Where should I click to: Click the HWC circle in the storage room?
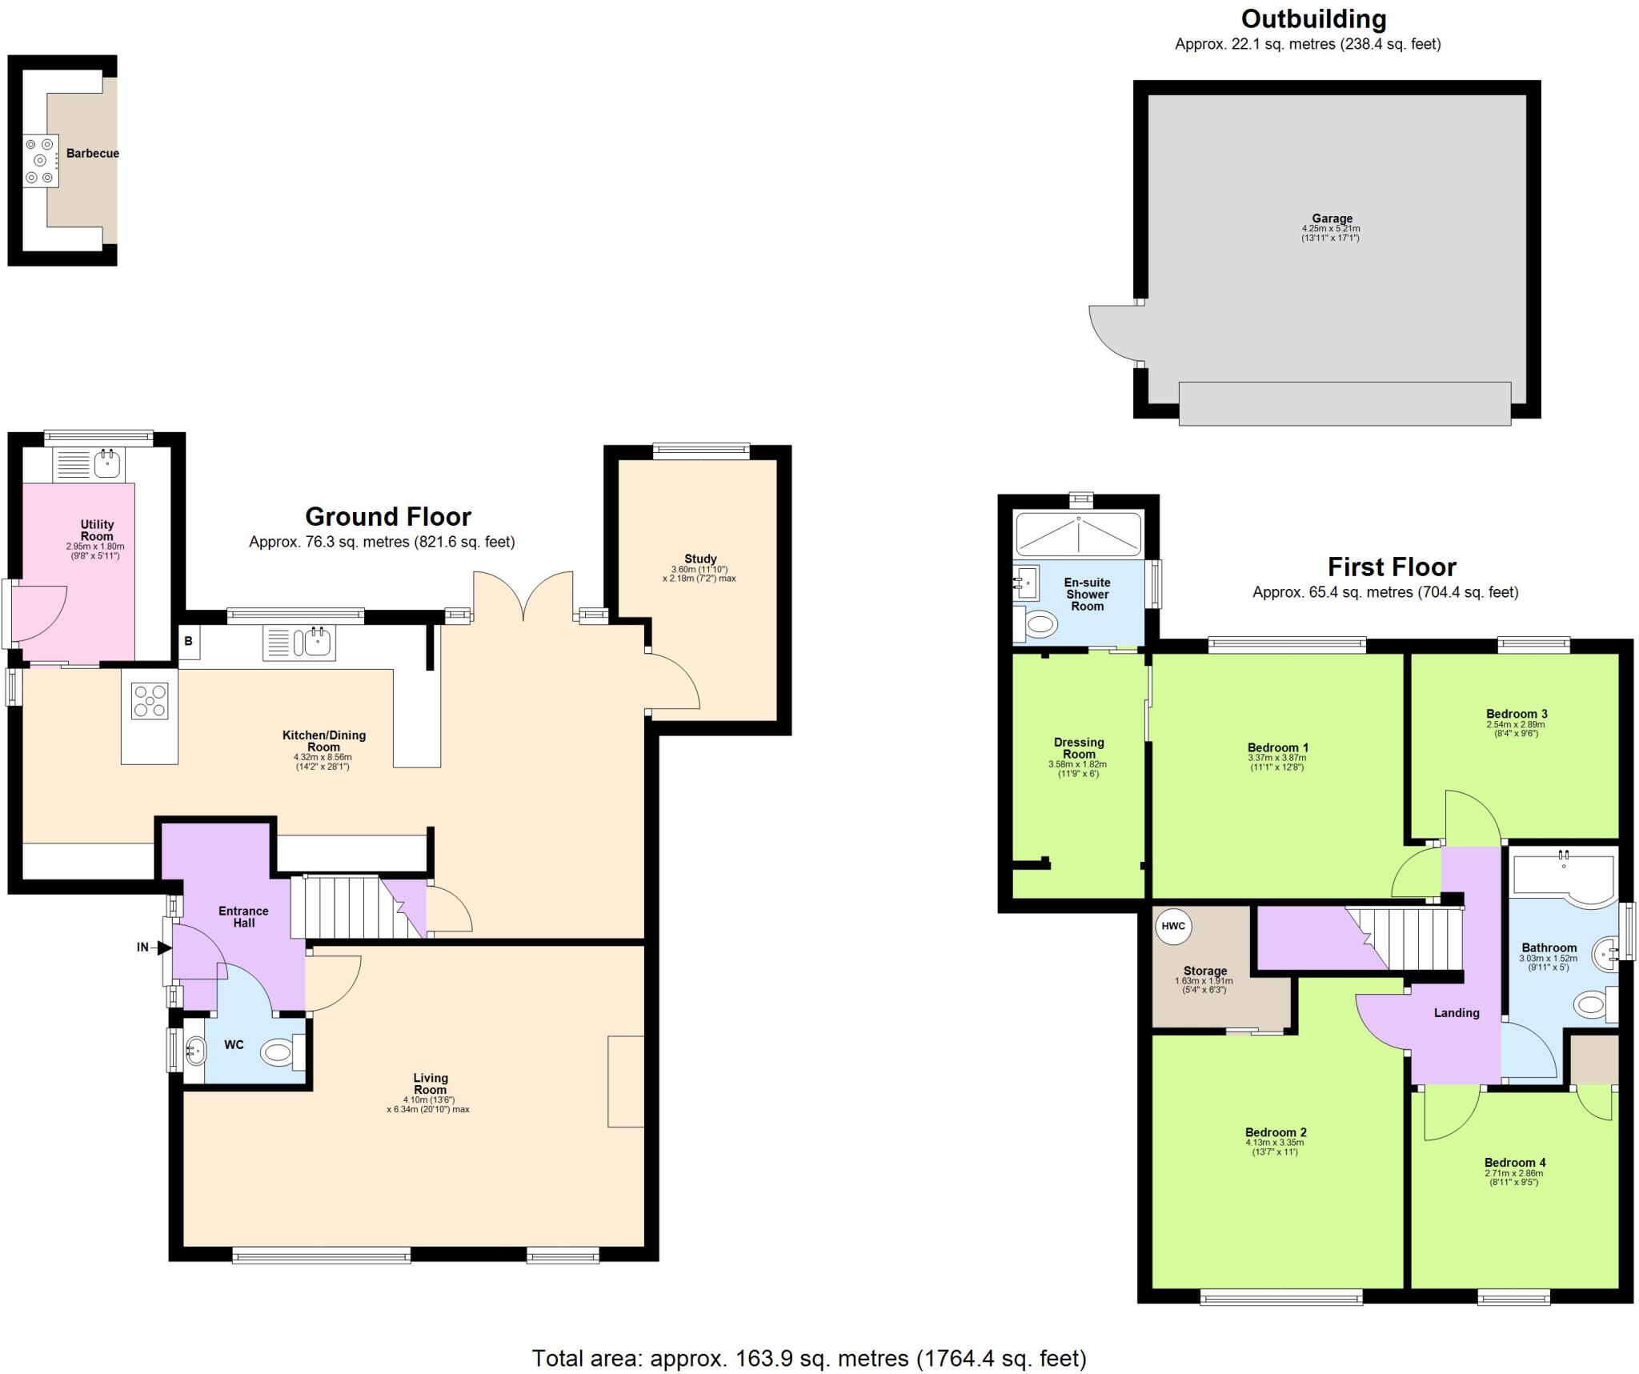pos(1173,926)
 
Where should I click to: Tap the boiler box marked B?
pos(189,642)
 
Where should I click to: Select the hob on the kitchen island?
pos(150,701)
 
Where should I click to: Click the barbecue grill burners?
pos(40,161)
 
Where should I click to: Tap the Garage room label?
pos(1332,218)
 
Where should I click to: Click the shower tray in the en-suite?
pos(1077,535)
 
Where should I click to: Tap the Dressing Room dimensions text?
pos(1077,769)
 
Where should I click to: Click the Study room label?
pos(700,559)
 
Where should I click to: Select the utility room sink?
pos(107,463)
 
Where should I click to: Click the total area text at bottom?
pos(809,1358)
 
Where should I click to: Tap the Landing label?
pos(1456,1012)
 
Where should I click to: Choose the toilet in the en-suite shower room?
pos(1039,624)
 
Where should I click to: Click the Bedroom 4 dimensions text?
pos(1515,1178)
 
